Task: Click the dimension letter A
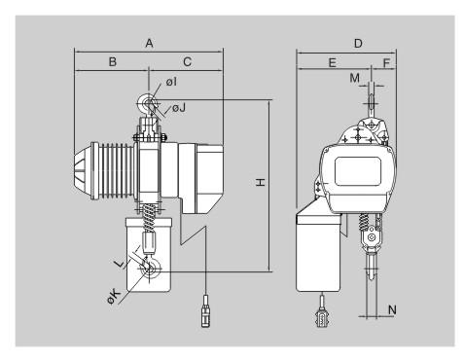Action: [149, 43]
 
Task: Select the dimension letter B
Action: [113, 61]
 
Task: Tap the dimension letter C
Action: [188, 61]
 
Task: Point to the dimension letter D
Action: [358, 43]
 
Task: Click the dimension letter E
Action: [333, 62]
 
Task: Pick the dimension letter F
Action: [386, 62]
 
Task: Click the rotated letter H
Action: [261, 182]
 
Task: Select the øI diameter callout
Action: [172, 82]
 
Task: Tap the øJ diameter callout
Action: [179, 107]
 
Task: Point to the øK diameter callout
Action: [114, 297]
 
